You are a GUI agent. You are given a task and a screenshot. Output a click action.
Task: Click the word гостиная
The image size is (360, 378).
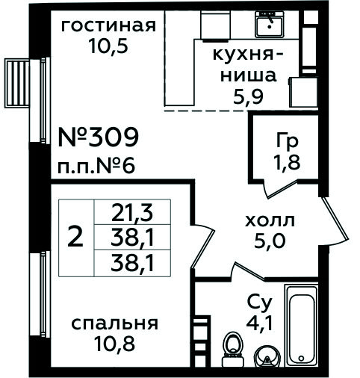(108, 26)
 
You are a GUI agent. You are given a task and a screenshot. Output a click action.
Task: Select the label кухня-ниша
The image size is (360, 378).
(248, 65)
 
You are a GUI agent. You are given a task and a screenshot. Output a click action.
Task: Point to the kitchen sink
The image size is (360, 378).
(270, 24)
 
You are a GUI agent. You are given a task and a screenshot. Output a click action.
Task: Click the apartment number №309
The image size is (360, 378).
(98, 137)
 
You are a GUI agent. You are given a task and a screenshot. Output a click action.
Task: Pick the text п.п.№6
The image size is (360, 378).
(96, 167)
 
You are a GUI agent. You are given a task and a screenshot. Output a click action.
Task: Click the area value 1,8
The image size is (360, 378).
(287, 162)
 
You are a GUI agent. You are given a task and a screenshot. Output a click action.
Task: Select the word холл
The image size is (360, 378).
(270, 220)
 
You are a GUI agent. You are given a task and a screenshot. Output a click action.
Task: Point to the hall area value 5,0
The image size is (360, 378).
(269, 241)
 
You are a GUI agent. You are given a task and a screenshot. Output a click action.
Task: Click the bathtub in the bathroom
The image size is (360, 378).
(302, 326)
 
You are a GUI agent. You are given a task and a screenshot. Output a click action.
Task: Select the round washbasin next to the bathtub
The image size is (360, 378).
(267, 356)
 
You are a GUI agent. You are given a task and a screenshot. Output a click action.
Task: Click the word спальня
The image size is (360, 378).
(115, 323)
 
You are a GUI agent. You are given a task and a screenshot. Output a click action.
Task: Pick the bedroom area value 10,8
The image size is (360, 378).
(115, 344)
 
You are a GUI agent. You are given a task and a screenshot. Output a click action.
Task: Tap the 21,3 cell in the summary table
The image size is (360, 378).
(132, 212)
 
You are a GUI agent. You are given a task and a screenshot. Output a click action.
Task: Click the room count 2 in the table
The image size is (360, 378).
(75, 238)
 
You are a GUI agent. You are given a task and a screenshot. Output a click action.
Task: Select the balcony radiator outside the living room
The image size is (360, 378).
(17, 83)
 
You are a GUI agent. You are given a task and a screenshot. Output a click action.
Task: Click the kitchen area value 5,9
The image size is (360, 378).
(248, 97)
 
